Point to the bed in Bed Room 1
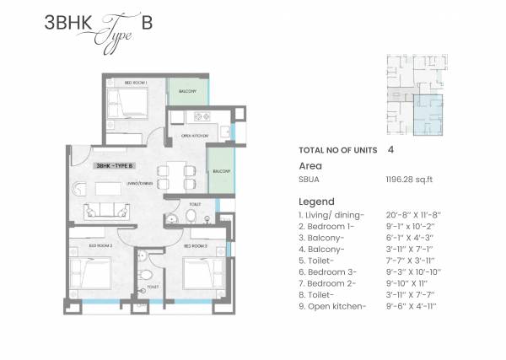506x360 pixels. (132, 105)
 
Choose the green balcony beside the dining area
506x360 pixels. (221, 170)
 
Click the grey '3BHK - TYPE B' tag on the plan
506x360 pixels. (117, 165)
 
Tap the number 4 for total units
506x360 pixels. (390, 148)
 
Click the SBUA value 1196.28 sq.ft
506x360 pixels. (406, 180)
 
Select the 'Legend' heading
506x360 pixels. (317, 201)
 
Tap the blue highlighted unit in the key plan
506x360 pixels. (430, 116)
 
